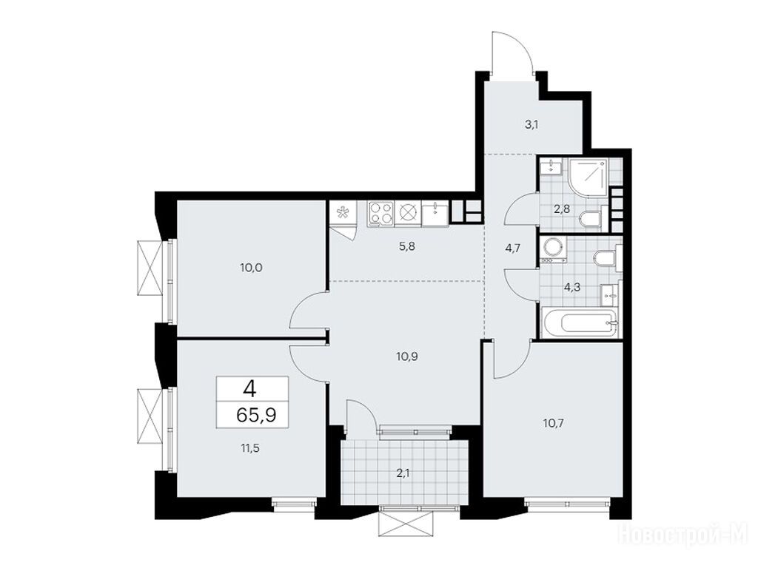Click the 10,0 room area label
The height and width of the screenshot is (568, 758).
251,267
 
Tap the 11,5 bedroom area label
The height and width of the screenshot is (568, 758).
250,448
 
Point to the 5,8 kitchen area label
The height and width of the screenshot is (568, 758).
407,246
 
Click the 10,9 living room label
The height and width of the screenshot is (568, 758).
406,357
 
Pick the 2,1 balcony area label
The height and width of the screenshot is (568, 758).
403,474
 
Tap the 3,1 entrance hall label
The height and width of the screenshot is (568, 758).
531,124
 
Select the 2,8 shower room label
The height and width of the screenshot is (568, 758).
562,209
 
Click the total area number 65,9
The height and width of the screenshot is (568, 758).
256,414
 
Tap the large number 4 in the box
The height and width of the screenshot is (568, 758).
250,388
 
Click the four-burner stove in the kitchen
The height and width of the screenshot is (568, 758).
380,214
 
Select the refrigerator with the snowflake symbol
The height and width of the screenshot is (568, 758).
343,213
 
